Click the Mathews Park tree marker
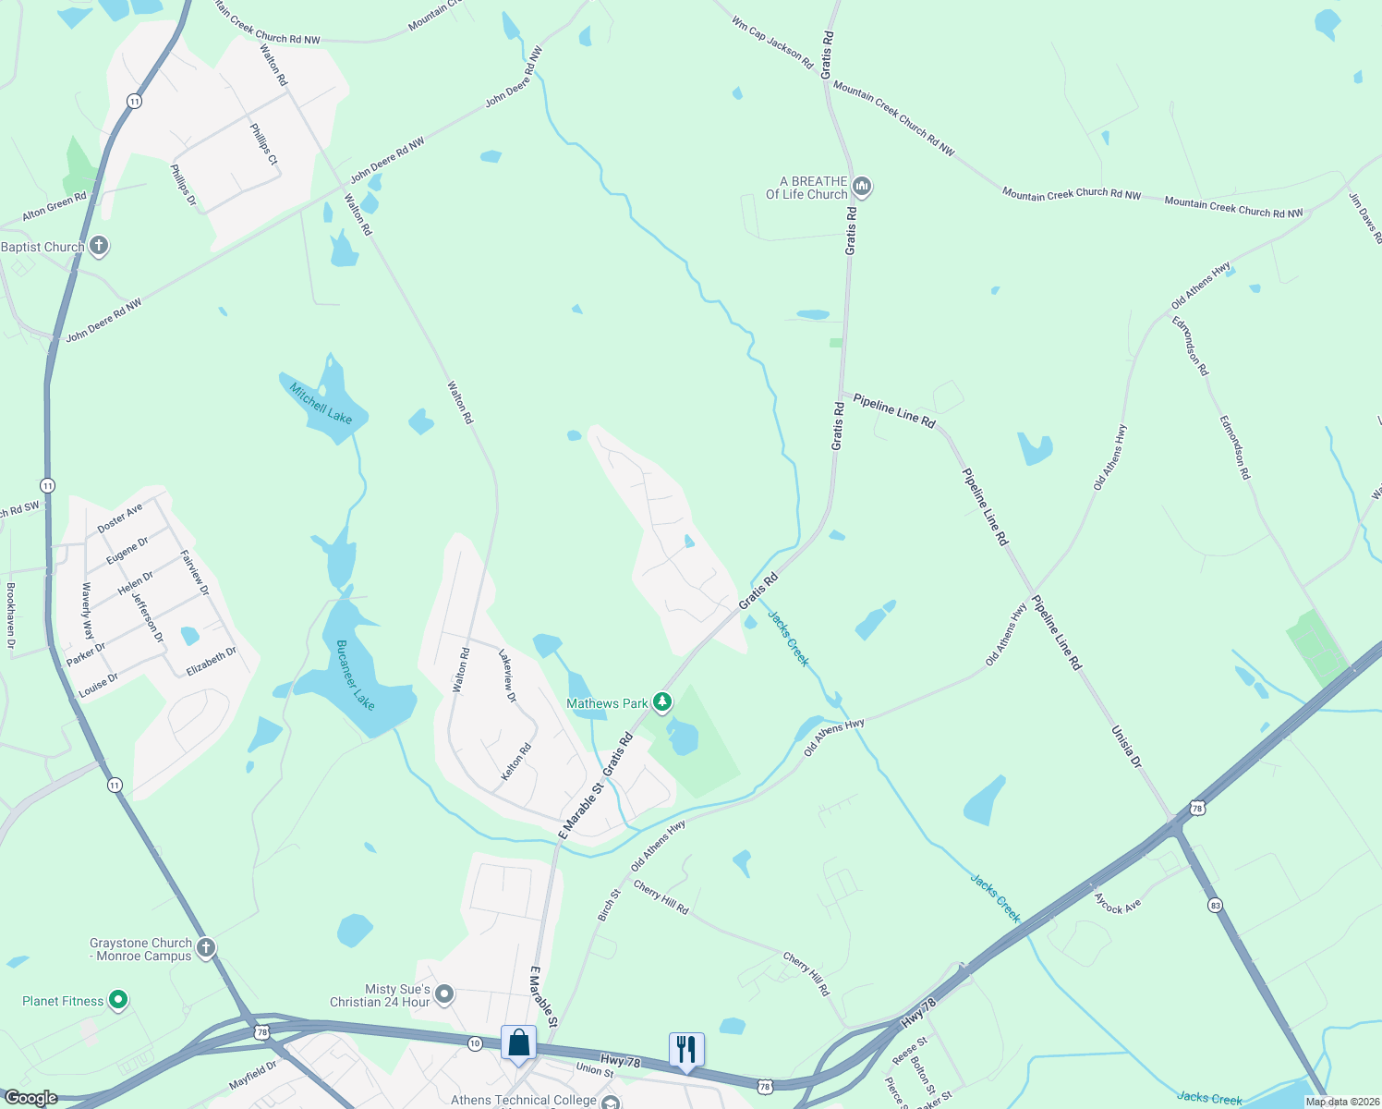(662, 702)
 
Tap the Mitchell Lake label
(321, 403)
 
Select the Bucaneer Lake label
(355, 675)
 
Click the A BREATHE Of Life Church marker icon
(862, 187)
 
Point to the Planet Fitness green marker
(117, 1000)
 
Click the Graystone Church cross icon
(206, 947)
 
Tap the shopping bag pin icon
(519, 1043)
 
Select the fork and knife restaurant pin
(685, 1050)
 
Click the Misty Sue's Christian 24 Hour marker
(444, 994)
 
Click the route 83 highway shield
(1215, 906)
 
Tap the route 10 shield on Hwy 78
(474, 1043)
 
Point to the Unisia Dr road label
(1126, 747)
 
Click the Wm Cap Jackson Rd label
(771, 42)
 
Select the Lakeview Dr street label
(507, 676)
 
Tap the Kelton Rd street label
(515, 762)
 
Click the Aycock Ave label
(1117, 903)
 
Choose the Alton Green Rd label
(55, 206)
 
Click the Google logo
(30, 1098)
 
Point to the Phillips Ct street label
(263, 143)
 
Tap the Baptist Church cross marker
(99, 246)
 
